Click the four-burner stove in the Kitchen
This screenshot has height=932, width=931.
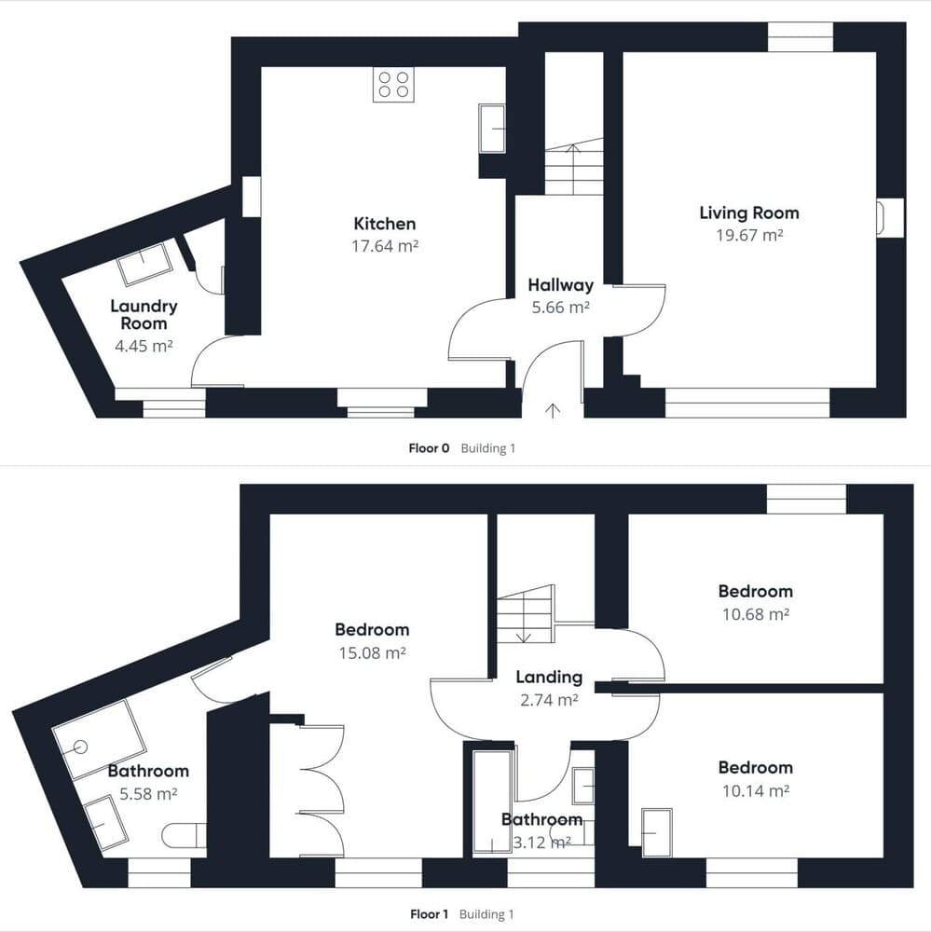[393, 85]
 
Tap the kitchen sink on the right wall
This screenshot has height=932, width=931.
[492, 128]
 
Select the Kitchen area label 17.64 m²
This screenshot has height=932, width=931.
[385, 247]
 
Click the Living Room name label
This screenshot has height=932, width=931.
[748, 212]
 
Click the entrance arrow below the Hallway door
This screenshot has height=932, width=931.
[553, 410]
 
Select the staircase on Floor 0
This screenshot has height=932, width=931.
[573, 168]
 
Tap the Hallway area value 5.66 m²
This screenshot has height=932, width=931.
[560, 308]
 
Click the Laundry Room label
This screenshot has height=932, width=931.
[144, 315]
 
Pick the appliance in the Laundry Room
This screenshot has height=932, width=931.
[145, 264]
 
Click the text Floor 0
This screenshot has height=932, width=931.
[429, 448]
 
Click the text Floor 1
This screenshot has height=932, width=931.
[430, 914]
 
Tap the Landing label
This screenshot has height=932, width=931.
[549, 678]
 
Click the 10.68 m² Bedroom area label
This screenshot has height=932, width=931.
[755, 614]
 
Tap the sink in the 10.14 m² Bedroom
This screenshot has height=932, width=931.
[657, 831]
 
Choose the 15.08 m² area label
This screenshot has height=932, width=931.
[373, 653]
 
